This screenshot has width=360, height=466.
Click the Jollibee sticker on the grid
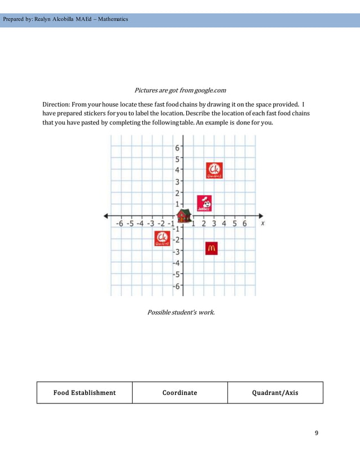click(x=204, y=203)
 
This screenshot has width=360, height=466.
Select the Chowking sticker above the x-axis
click(x=213, y=170)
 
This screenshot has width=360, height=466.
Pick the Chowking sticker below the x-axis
click(x=162, y=239)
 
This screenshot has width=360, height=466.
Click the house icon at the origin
click(x=182, y=216)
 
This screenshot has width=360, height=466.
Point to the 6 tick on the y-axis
click(x=177, y=148)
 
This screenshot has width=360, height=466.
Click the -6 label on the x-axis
click(x=119, y=223)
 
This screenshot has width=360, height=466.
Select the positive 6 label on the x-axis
click(x=244, y=223)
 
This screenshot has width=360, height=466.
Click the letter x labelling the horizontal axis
click(x=263, y=223)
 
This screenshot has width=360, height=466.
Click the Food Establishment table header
click(x=85, y=393)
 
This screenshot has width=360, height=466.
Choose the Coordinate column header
click(x=179, y=393)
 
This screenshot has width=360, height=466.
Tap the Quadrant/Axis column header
click(x=275, y=393)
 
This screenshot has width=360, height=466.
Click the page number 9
click(x=316, y=433)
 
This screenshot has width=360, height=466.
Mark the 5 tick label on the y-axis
click(x=177, y=159)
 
